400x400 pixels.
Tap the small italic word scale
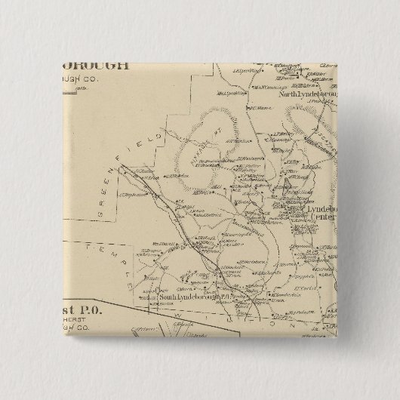pos(122,88)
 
